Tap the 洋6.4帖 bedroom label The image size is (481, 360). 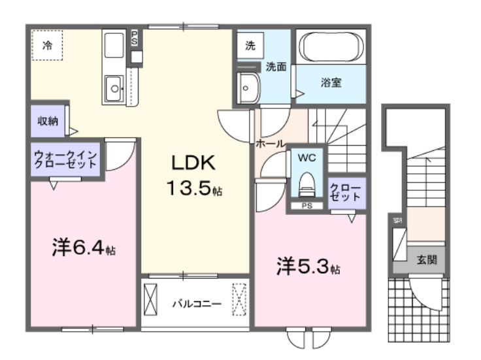[x=84, y=249]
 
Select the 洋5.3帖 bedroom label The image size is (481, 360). [x=308, y=267]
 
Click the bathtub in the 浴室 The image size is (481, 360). [x=331, y=46]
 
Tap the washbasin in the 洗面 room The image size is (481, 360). [x=248, y=87]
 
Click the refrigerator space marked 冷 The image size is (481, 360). [x=47, y=45]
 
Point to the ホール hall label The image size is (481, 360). [x=269, y=143]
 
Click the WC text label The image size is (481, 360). [x=307, y=157]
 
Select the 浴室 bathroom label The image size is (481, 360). [x=331, y=84]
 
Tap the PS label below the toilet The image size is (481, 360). [x=307, y=207]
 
